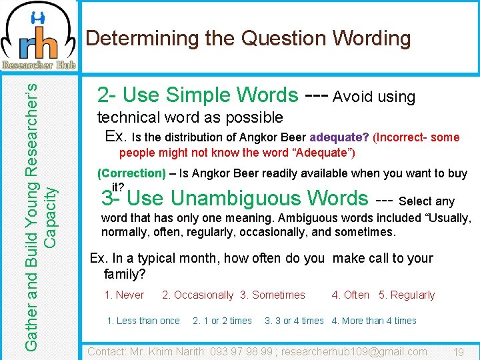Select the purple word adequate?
click(339, 137)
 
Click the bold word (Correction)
click(131, 173)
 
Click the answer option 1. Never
click(124, 295)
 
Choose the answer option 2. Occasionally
click(198, 295)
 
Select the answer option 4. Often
click(351, 295)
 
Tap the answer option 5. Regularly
click(407, 295)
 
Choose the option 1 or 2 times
click(222, 321)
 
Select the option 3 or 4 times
click(294, 321)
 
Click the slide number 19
click(458, 351)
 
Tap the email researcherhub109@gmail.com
click(354, 351)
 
